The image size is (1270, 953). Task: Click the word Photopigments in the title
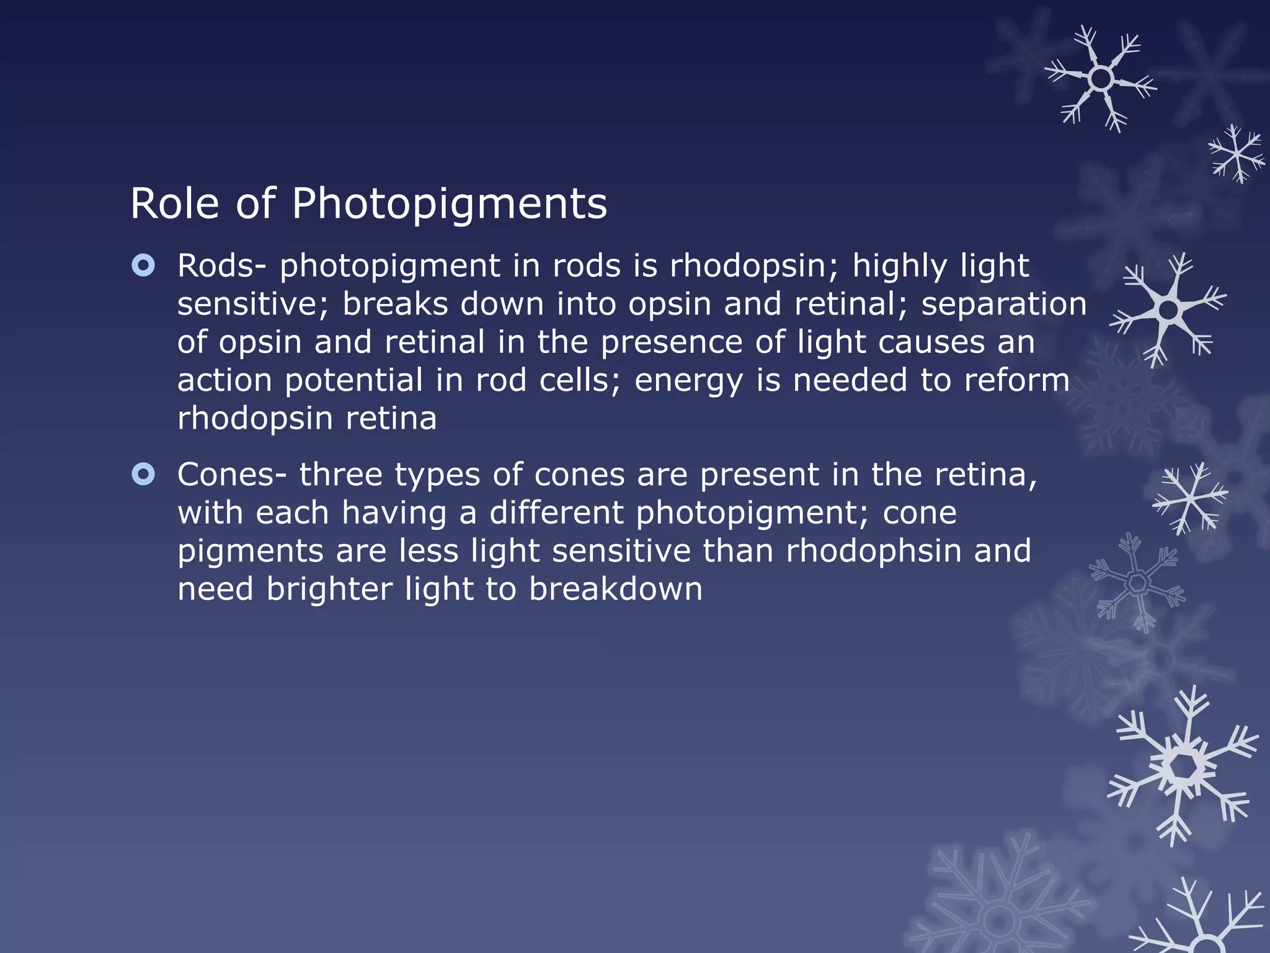(x=449, y=204)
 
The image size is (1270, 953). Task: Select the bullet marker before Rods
(x=143, y=266)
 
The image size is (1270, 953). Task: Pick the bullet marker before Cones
(x=143, y=475)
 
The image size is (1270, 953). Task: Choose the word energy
(x=688, y=381)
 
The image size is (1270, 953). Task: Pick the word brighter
(x=329, y=589)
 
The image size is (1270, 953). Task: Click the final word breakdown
(x=616, y=589)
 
